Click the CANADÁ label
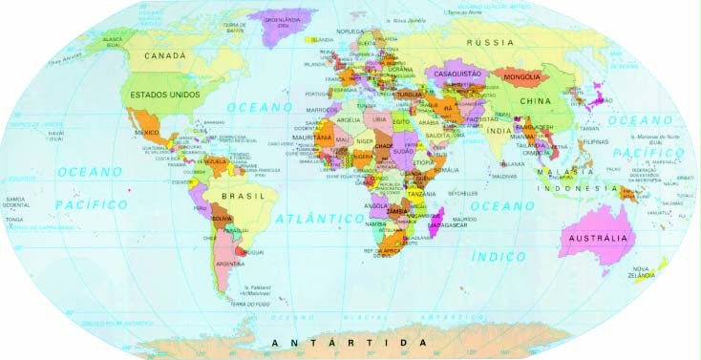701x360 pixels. coord(164,56)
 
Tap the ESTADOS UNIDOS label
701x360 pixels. coord(164,95)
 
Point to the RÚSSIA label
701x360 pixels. coord(490,43)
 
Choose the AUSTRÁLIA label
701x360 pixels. coord(597,237)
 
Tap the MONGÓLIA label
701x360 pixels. coord(522,76)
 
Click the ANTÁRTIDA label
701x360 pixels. coord(348,342)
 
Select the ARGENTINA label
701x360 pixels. coord(233,264)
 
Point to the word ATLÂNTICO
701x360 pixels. coord(320,219)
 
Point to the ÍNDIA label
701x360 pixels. coord(498,129)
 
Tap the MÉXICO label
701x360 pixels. coord(147,132)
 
